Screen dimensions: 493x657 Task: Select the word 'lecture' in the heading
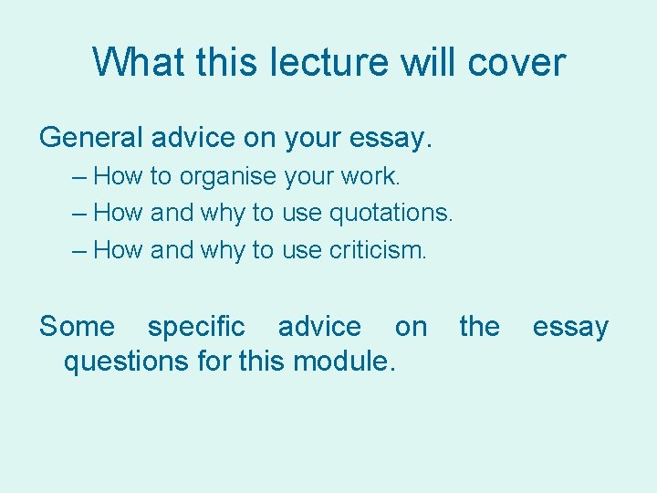point(322,63)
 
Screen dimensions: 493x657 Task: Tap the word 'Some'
point(78,327)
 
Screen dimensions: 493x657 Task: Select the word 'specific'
point(196,327)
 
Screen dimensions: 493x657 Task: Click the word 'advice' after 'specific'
point(319,327)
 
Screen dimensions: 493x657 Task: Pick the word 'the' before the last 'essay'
point(479,327)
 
